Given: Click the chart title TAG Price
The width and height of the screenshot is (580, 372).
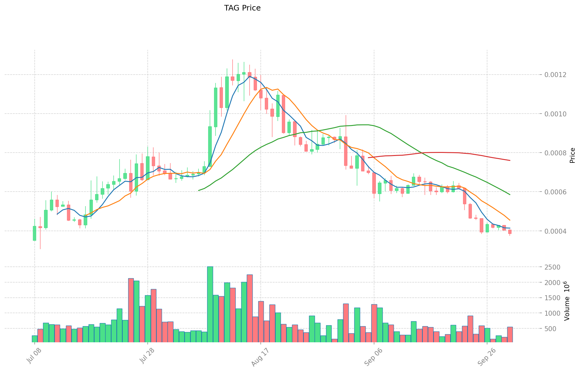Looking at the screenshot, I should pos(242,8).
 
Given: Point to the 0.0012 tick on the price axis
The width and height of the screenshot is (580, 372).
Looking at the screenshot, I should pos(556,75).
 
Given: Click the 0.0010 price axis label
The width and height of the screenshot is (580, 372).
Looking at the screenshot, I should pos(556,114).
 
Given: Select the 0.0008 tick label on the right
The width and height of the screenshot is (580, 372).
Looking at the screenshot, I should pos(556,153).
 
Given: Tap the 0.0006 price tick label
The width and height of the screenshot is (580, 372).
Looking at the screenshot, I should pos(556,192).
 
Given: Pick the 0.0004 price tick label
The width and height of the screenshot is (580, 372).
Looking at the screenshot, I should pos(556,231).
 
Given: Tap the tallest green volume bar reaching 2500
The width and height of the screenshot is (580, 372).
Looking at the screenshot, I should pos(210,304).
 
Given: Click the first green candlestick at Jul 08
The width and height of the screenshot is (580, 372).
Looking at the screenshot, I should pos(34,233).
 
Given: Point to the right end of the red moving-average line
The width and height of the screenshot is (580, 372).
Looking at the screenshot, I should pos(510,160).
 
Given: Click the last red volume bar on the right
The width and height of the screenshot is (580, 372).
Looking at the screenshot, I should pos(510,334).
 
